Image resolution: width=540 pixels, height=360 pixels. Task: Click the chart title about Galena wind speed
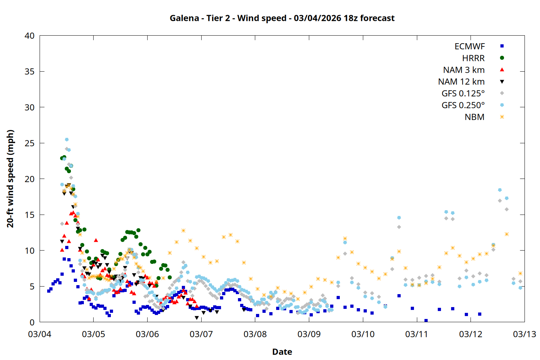282,18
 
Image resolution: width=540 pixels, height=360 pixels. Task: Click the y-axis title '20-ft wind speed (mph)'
10,179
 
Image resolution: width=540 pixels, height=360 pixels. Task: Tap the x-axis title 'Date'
282,352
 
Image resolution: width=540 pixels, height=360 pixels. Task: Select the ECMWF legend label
469,46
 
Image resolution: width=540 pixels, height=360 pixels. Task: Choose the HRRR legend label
473,58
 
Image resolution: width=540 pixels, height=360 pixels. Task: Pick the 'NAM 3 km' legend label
464,70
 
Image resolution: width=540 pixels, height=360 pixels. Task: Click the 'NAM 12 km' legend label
461,82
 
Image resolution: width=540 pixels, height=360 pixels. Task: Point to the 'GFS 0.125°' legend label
463,94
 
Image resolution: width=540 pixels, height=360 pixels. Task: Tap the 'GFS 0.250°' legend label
463,105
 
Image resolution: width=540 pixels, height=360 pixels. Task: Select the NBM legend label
474,117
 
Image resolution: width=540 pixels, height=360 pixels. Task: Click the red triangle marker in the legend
502,69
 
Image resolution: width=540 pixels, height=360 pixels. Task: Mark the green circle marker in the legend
502,58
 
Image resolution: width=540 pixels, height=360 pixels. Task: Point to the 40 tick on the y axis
30,36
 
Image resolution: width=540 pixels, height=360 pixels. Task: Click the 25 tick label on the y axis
30,143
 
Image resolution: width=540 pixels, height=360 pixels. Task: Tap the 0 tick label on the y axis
32,322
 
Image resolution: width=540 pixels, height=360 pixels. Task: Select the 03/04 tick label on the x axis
40,334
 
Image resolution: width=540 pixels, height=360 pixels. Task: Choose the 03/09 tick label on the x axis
309,334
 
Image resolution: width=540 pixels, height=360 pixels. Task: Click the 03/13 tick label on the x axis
524,334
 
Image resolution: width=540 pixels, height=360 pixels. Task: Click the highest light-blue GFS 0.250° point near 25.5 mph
67,140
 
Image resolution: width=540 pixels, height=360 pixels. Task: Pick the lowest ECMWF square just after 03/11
426,320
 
